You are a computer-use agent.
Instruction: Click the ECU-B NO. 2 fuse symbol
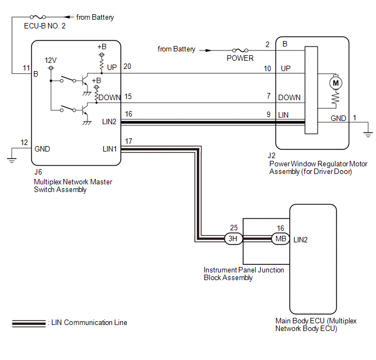coord(39,17)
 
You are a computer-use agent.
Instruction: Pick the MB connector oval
coord(280,239)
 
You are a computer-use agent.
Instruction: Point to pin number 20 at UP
coord(128,66)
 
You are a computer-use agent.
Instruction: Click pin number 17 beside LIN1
coord(128,141)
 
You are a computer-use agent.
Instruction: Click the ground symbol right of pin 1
coord(368,132)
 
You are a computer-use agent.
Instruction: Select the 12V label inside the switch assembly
coord(50,60)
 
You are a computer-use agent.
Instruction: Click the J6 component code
coord(38,172)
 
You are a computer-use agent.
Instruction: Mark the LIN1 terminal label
coord(109,148)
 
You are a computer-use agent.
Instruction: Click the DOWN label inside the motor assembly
coord(289,97)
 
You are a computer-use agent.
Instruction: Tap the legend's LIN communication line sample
coord(28,323)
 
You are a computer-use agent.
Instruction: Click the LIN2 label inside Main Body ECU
coord(302,240)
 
